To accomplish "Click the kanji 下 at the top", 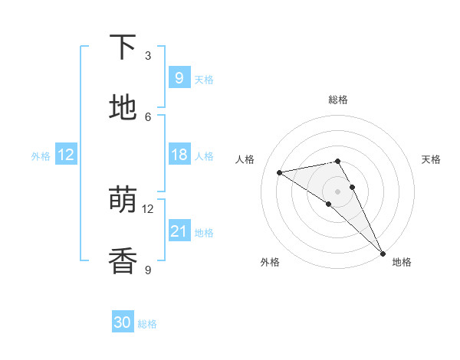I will coord(123,47).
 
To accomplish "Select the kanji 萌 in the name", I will coord(123,200).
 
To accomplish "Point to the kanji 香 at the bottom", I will coord(123,260).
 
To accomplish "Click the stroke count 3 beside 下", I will coord(148,55).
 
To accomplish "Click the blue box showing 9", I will coord(179,77).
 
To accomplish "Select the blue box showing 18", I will coord(179,155).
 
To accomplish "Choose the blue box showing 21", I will coord(179,231).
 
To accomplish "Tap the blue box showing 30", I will coord(123,322).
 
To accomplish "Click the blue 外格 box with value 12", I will coord(66,155).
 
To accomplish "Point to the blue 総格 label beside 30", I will coord(147,324).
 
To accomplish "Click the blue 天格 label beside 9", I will coord(204,79).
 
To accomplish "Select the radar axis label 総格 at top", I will coord(338,100).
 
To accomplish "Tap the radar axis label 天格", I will coord(432,159).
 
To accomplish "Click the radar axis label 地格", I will coord(402,262).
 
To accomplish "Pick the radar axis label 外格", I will coord(270,262).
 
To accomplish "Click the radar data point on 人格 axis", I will coord(280,172).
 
